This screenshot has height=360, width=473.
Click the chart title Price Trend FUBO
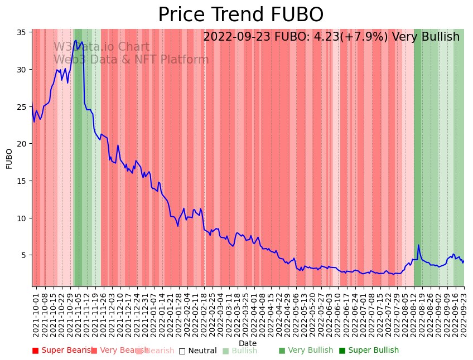[x=240, y=15]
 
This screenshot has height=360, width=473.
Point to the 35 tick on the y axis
[x=22, y=32]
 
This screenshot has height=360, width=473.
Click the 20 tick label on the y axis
[x=22, y=144]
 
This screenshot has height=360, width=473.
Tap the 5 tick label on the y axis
[x=25, y=255]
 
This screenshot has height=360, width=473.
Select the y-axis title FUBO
[x=9, y=158]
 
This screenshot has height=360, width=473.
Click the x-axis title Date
[x=248, y=343]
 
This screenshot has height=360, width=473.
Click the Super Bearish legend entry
[x=63, y=351]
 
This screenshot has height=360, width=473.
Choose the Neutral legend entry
[x=197, y=351]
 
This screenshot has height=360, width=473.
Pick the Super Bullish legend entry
[x=369, y=351]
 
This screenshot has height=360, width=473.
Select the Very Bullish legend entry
[x=306, y=351]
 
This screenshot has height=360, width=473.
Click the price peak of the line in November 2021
[x=76, y=40]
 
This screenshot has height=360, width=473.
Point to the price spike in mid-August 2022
[x=418, y=245]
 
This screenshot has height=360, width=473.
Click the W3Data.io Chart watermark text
[x=102, y=47]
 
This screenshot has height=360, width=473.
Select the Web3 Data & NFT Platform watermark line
[x=131, y=60]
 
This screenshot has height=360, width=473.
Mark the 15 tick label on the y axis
[x=22, y=181]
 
